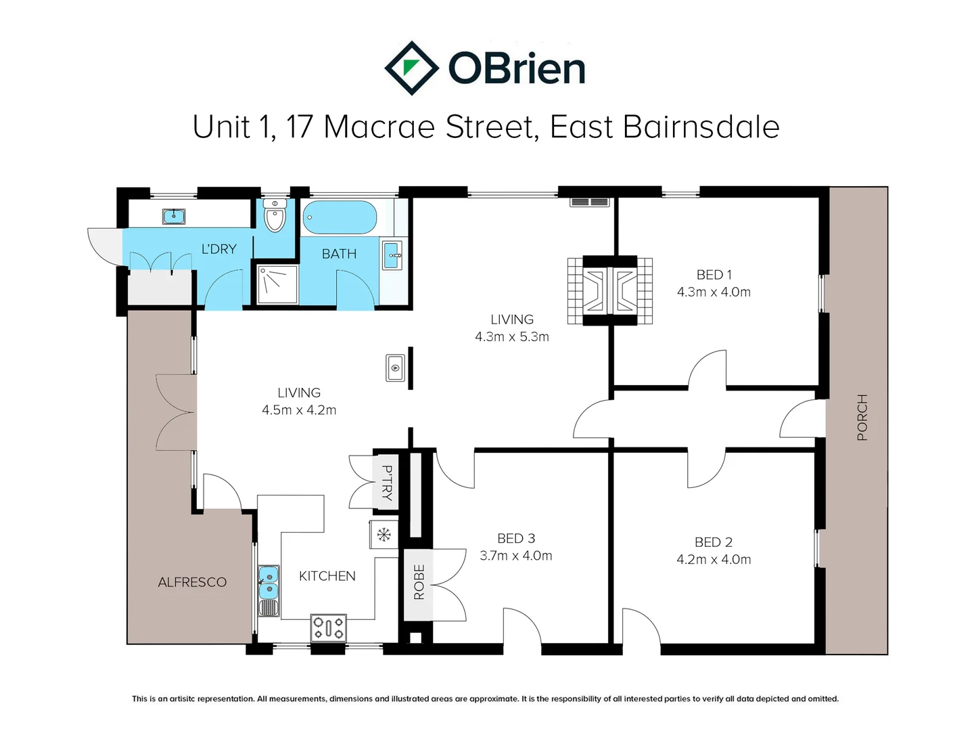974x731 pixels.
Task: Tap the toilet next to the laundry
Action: click(x=275, y=215)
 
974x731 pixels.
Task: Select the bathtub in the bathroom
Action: click(x=340, y=217)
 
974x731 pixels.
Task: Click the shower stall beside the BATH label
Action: click(x=277, y=284)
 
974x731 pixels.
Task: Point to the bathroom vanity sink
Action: click(x=392, y=255)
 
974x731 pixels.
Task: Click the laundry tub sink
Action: click(x=174, y=217)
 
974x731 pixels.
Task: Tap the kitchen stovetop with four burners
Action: click(x=328, y=627)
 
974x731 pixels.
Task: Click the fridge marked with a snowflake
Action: click(x=384, y=535)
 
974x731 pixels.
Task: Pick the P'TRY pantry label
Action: click(x=387, y=483)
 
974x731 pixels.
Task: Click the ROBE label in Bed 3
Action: click(x=419, y=582)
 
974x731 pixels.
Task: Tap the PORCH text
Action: click(x=862, y=417)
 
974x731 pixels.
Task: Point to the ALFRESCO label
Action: click(x=192, y=582)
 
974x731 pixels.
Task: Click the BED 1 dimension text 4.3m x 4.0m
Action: click(x=714, y=292)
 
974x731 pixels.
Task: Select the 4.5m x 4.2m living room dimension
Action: click(x=299, y=409)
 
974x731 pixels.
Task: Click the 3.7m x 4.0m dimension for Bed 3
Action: click(x=516, y=555)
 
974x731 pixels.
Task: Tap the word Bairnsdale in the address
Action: click(x=701, y=127)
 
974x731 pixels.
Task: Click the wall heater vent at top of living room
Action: click(x=590, y=202)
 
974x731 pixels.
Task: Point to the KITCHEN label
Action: click(x=327, y=576)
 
